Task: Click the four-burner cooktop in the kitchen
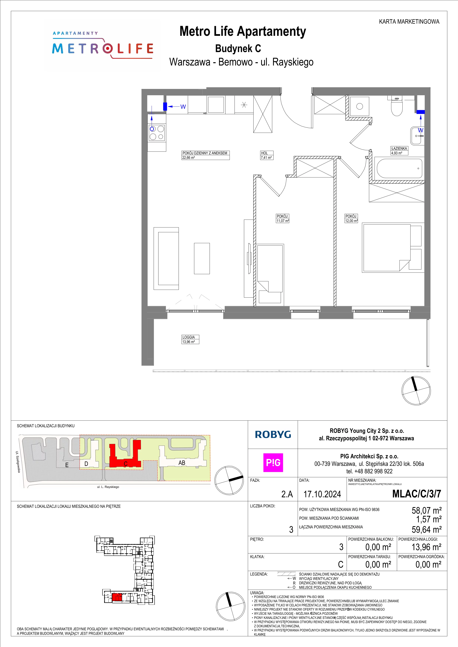point(157,133)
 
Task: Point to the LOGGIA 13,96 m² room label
point(191,339)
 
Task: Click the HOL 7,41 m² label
point(266,155)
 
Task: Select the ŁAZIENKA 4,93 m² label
point(399,151)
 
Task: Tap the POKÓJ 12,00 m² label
point(351,218)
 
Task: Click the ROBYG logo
point(273,434)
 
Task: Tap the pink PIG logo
point(273,463)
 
